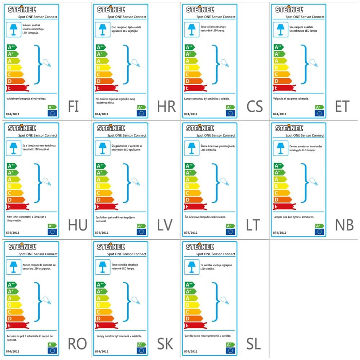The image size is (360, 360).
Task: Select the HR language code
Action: (x=166, y=107)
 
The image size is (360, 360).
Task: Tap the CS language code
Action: (x=255, y=107)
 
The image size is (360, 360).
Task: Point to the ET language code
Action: (x=342, y=107)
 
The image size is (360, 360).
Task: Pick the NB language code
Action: (x=344, y=225)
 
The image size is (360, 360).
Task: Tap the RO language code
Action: (x=77, y=344)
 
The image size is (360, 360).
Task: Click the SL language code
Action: (x=254, y=344)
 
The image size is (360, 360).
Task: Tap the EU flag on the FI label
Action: (x=53, y=113)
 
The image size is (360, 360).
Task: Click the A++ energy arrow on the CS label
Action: (x=190, y=47)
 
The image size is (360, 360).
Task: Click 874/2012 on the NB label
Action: (x=280, y=233)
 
